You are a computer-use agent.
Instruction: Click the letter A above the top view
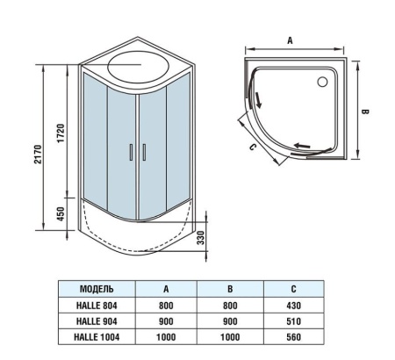pos(289,40)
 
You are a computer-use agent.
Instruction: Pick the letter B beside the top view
pos(373,112)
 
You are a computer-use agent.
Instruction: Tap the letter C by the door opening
pos(252,148)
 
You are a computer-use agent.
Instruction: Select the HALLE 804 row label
pos(97,305)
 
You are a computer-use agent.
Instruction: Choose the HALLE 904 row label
pos(97,320)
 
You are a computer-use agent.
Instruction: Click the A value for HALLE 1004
pos(165,336)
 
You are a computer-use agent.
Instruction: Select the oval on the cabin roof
pos(136,66)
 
